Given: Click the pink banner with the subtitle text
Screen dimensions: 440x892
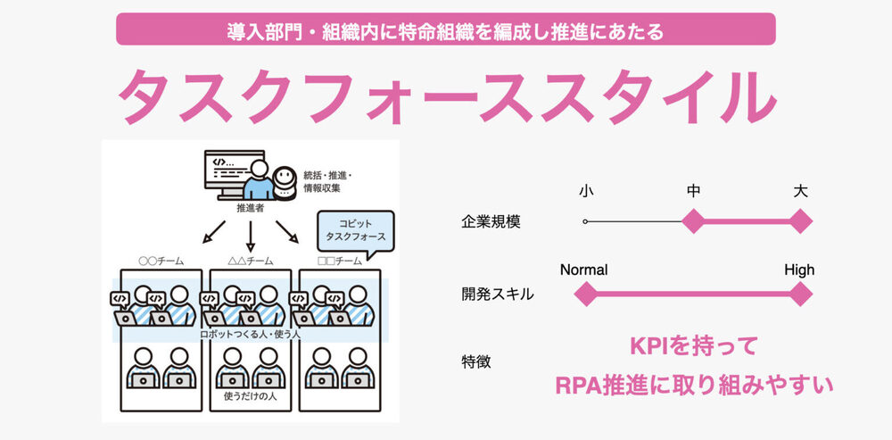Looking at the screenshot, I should tap(446, 29).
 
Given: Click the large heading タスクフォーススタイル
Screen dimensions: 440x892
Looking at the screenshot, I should tap(446, 97).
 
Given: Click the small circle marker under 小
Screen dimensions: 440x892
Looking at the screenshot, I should tap(585, 220).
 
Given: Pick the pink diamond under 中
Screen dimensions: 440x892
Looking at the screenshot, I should tap(693, 220).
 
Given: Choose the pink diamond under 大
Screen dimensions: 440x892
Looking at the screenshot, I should tap(801, 220).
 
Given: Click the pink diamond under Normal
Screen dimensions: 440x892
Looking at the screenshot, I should tap(585, 293).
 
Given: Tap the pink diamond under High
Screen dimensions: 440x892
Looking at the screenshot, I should tap(800, 293).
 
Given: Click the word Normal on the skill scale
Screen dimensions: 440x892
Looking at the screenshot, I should tap(584, 270).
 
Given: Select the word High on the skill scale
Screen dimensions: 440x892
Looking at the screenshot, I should tap(799, 270).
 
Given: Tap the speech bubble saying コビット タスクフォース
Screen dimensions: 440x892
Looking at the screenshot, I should tap(356, 229).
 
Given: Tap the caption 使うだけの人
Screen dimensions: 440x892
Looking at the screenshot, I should tap(250, 394).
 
